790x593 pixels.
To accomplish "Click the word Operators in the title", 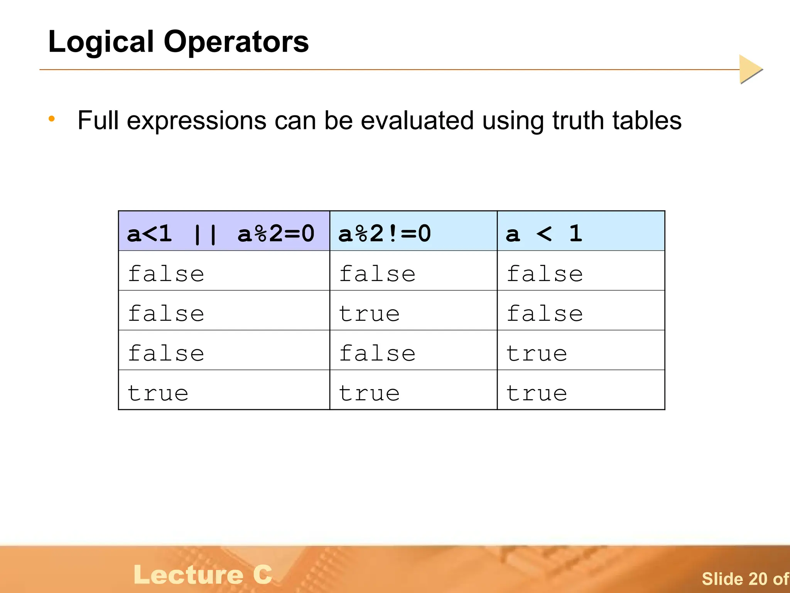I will pos(236,42).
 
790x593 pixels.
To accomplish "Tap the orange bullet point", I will pos(52,119).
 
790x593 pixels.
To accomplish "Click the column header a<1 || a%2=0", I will pos(221,234).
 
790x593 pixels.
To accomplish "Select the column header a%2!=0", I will pos(385,234).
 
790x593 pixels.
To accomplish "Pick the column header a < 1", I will pos(544,234).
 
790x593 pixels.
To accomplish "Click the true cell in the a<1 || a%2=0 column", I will pos(158,393).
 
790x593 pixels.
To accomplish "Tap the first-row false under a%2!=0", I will pos(377,274).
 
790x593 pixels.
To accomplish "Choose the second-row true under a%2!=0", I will pos(369,313).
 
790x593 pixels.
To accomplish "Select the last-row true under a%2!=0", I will pos(369,393).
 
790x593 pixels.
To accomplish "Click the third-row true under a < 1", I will pos(537,353).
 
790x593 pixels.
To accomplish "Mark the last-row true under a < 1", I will pos(537,393).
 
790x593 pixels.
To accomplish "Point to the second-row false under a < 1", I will pos(545,313).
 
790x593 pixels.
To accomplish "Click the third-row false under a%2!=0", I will pos(377,353).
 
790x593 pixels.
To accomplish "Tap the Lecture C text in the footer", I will pos(203,574).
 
